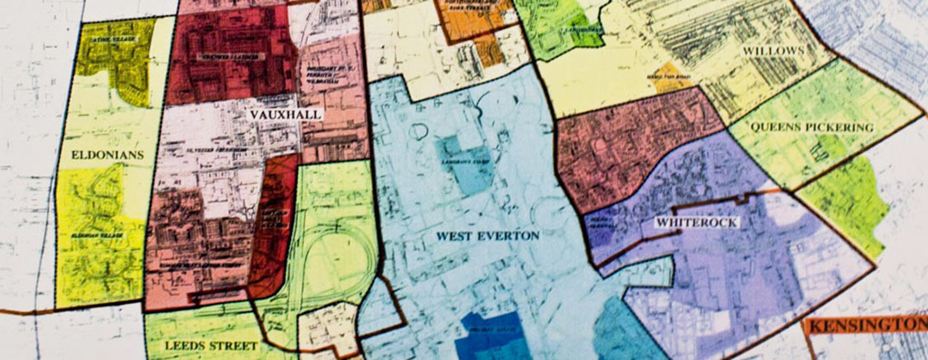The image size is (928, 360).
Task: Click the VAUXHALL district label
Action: pos(287,115)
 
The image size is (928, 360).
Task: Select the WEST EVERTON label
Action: pos(487,236)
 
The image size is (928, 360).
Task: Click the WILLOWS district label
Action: pos(772,51)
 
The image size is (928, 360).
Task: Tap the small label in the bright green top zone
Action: pos(568,31)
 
